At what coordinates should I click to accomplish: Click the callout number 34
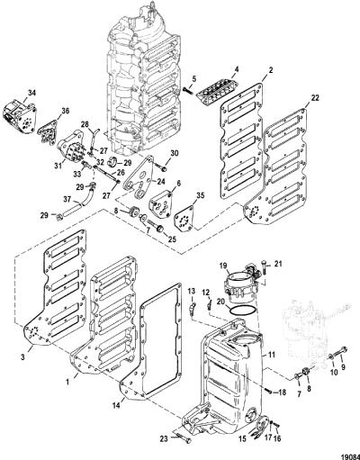(x=31, y=93)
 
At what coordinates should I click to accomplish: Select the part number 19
(x=223, y=266)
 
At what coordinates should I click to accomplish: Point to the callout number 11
(x=272, y=355)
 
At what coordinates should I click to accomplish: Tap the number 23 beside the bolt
(x=164, y=438)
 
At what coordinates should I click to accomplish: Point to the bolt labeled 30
(x=162, y=168)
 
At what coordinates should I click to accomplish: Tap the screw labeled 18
(x=268, y=391)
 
